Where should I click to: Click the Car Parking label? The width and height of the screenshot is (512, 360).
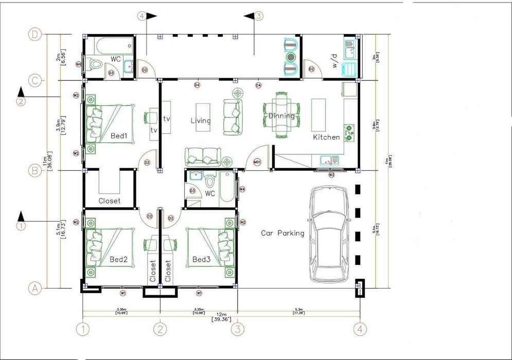[x=283, y=233]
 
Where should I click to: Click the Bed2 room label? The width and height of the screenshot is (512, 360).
[x=118, y=259]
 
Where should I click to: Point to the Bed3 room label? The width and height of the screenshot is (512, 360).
[x=201, y=259]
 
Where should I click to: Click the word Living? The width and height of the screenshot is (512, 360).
[x=201, y=121]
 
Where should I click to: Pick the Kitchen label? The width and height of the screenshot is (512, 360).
[x=327, y=137]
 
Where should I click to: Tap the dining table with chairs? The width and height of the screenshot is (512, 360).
[x=281, y=115]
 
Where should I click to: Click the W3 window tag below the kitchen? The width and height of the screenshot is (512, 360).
[x=332, y=175]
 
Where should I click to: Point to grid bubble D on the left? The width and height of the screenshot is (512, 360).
[x=34, y=35]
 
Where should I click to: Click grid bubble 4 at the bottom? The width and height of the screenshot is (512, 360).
[x=360, y=328]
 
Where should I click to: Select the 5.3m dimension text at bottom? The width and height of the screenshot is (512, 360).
[x=298, y=310]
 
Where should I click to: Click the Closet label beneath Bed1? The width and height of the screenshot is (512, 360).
[x=109, y=201]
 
